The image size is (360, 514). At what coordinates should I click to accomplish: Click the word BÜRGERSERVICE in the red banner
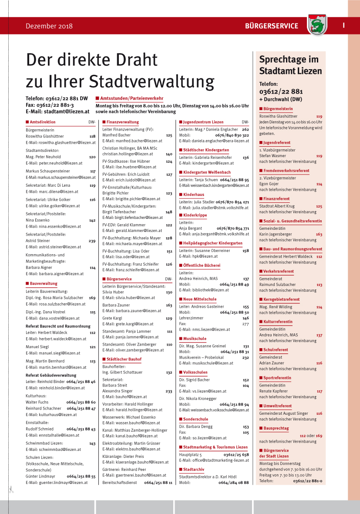point(271,26)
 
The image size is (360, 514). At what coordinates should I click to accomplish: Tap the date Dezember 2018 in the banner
point(49,26)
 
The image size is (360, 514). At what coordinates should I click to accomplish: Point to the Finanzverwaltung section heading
point(122,122)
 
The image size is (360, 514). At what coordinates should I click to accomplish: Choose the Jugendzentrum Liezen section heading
point(203,122)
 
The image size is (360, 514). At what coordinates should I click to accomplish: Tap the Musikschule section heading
point(195,338)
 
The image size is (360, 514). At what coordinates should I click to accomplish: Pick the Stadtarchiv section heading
point(193,470)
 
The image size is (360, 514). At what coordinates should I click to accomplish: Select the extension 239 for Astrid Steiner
point(92,241)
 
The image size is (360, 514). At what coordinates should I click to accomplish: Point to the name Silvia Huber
point(113,292)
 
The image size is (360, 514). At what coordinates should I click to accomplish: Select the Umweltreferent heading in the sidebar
point(277,406)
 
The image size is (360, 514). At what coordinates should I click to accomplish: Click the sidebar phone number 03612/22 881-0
point(307,480)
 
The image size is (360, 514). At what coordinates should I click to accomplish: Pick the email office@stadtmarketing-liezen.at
point(214,460)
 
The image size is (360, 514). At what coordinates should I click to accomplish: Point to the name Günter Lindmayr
point(40,477)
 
